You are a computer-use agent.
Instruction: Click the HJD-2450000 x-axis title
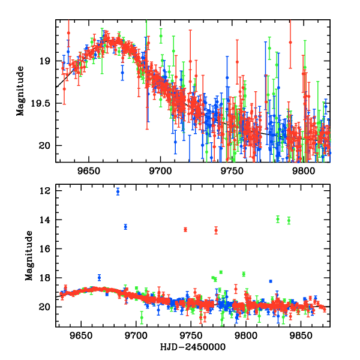pyautogui.click(x=193, y=347)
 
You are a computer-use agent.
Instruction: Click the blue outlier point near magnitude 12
pyautogui.click(x=118, y=192)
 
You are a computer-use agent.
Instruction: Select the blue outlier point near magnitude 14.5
pyautogui.click(x=125, y=227)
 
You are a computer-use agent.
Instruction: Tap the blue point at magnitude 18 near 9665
pyautogui.click(x=100, y=277)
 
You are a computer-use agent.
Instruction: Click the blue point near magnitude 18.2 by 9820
pyautogui.click(x=271, y=281)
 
